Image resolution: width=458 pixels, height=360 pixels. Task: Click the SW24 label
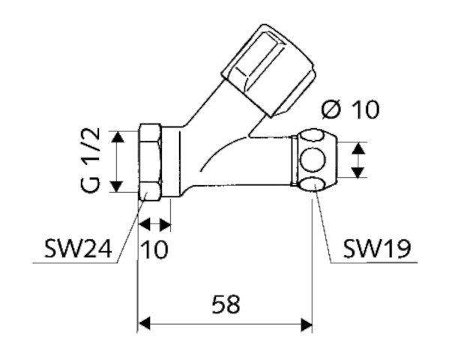point(78,249)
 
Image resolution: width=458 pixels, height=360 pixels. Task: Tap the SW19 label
point(377,249)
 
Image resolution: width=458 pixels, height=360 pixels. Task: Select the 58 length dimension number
point(226,304)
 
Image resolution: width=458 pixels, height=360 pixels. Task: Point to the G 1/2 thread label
point(90,160)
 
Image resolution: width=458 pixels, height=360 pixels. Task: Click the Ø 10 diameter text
point(350,109)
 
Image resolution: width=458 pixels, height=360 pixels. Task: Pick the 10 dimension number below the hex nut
point(154,249)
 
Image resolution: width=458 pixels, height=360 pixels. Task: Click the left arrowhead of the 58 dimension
point(144,324)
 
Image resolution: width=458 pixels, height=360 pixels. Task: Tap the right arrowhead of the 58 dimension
point(307,324)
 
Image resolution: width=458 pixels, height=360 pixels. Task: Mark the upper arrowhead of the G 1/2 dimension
point(118,136)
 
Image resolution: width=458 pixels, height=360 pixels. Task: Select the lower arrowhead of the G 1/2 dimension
point(118,187)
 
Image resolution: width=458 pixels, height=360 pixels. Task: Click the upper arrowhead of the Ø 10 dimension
point(358,148)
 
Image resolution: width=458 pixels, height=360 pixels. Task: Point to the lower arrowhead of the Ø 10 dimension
point(358,172)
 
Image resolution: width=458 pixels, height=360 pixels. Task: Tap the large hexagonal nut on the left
point(150,162)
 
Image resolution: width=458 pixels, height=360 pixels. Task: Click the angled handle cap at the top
point(268,70)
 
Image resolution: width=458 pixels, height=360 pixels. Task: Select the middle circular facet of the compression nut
point(313,160)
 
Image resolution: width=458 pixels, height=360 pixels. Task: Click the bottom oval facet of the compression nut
point(313,184)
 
